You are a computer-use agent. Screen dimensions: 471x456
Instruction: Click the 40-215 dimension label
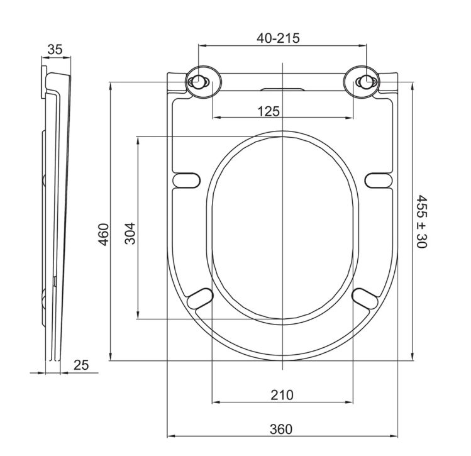(278, 38)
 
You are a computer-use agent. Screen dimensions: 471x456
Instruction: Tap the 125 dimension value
(269, 111)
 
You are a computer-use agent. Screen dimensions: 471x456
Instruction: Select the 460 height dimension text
(104, 234)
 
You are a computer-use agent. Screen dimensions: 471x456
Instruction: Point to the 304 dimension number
(130, 233)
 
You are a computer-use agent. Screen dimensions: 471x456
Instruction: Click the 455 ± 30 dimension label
(421, 221)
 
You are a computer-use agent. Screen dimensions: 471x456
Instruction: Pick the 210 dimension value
(282, 395)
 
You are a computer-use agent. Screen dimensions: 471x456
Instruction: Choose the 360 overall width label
(281, 429)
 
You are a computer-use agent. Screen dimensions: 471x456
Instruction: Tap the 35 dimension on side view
(55, 50)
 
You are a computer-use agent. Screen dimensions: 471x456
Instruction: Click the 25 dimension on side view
(81, 365)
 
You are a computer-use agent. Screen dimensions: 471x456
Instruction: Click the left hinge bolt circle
(197, 82)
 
